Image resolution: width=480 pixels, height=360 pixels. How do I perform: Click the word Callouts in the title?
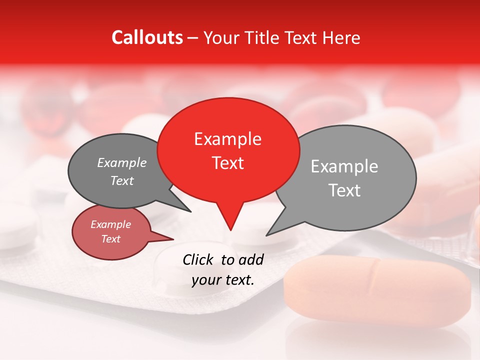pos(147,37)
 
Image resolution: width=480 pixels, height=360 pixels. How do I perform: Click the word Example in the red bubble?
pos(227,139)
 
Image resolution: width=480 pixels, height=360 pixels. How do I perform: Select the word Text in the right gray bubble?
pos(344,190)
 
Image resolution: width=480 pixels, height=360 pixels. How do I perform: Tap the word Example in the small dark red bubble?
pos(111,224)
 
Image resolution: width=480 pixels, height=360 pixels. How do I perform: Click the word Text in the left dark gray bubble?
pos(122,181)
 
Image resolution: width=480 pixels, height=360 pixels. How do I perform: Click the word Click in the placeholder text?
pos(198,259)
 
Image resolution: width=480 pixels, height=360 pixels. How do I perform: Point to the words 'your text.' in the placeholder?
pos(223,280)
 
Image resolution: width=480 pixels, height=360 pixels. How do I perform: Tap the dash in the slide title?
pos(193,37)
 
